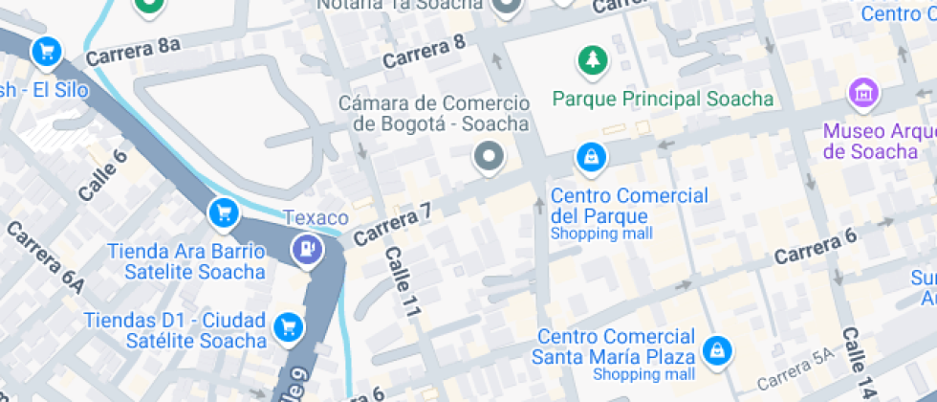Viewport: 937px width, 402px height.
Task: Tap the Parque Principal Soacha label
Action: point(663,99)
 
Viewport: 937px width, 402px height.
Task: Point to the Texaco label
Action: point(309,217)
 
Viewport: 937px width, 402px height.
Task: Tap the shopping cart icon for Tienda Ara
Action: point(224,212)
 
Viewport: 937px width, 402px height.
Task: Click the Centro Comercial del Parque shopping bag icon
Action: point(591,157)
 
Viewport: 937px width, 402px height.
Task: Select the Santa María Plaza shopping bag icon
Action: point(714,351)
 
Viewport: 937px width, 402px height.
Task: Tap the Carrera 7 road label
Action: point(386,226)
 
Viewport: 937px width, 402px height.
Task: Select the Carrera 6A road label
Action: point(46,258)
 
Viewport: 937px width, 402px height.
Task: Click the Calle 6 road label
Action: point(102,176)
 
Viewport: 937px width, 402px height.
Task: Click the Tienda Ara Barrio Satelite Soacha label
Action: point(185,261)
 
